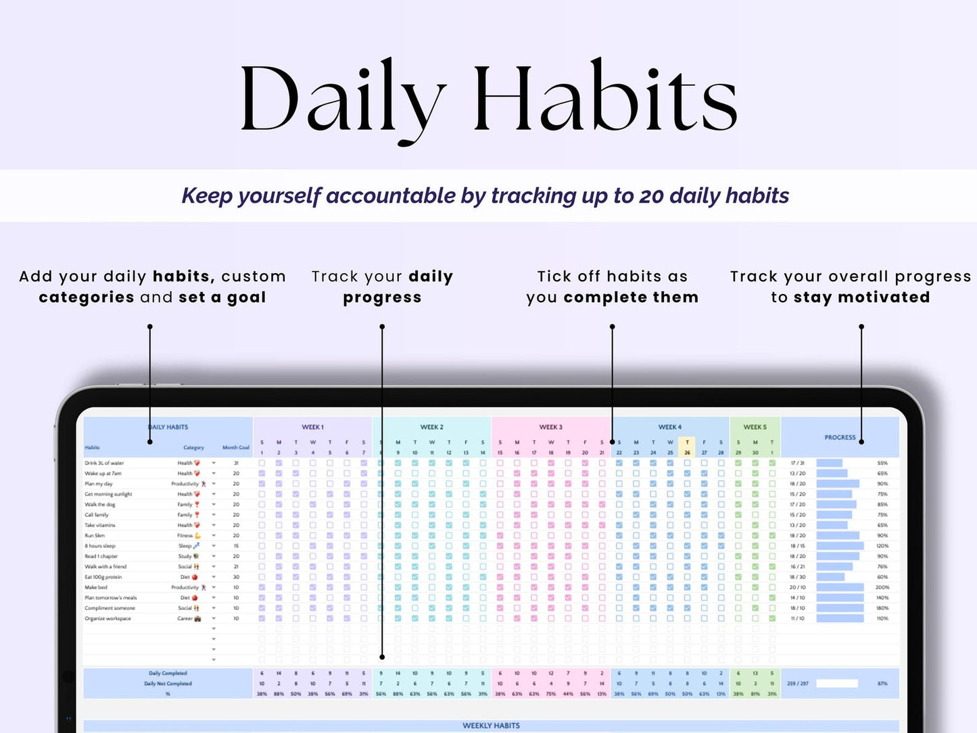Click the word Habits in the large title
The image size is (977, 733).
click(604, 98)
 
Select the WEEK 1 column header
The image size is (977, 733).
click(312, 427)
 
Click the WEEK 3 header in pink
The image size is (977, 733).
click(550, 427)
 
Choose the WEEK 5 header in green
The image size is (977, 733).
click(755, 427)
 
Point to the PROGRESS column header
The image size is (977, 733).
click(840, 438)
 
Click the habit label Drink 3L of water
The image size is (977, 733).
click(104, 463)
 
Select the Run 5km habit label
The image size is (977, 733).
click(95, 536)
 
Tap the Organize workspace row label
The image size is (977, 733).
click(108, 619)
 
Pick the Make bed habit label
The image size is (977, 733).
click(96, 588)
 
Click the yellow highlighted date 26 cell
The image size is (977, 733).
click(687, 452)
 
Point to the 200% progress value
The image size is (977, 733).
click(882, 588)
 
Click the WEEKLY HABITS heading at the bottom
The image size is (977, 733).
click(491, 726)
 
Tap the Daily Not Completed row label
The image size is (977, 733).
click(168, 684)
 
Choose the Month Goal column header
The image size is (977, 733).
click(236, 448)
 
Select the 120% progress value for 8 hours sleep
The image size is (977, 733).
click(882, 546)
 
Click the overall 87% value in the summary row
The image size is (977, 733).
click(882, 684)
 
